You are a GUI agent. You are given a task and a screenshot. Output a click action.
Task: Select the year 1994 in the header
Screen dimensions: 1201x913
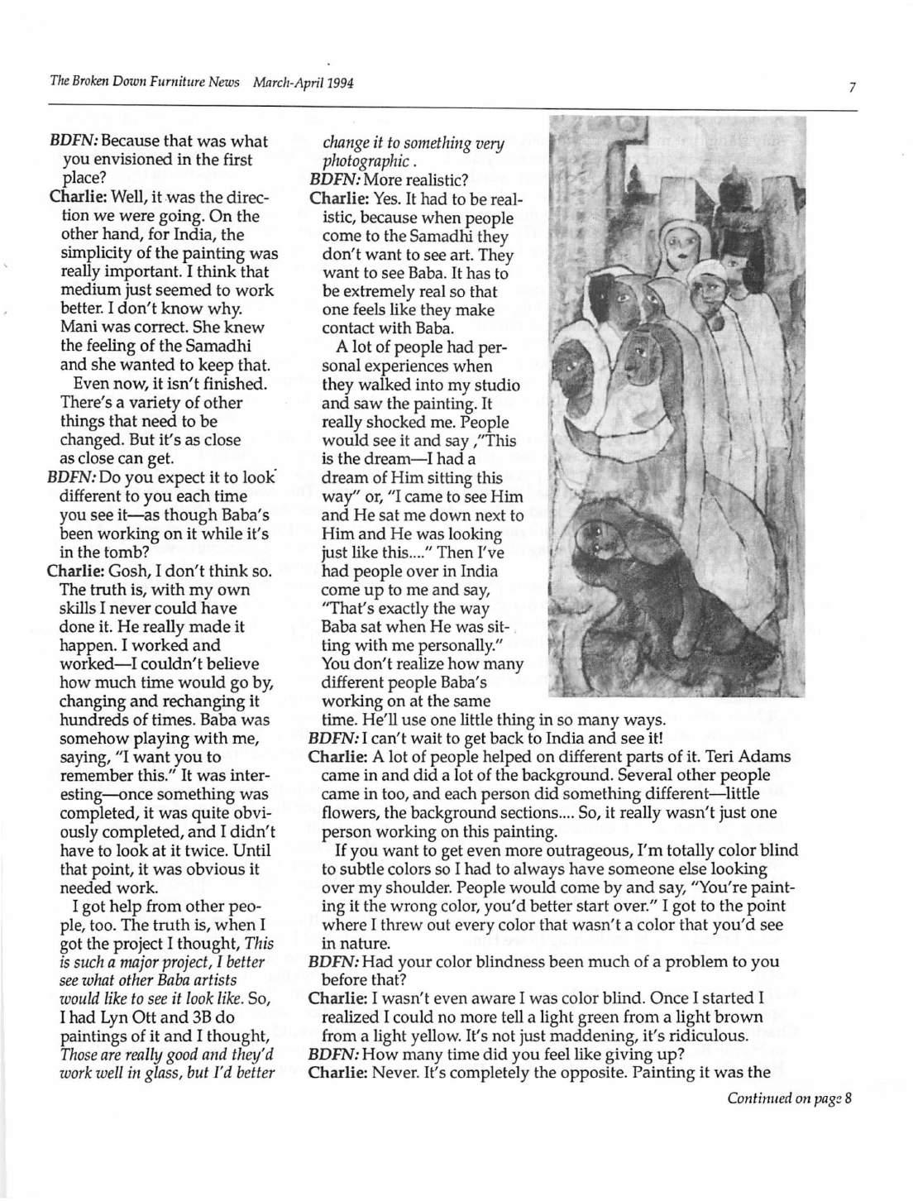click(x=339, y=82)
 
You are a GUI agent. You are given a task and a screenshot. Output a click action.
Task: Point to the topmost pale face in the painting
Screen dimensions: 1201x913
click(x=683, y=242)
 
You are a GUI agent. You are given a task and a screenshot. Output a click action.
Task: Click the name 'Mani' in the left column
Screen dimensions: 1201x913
click(x=79, y=328)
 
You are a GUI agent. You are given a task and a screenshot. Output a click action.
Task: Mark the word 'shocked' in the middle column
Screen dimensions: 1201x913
click(x=400, y=422)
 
